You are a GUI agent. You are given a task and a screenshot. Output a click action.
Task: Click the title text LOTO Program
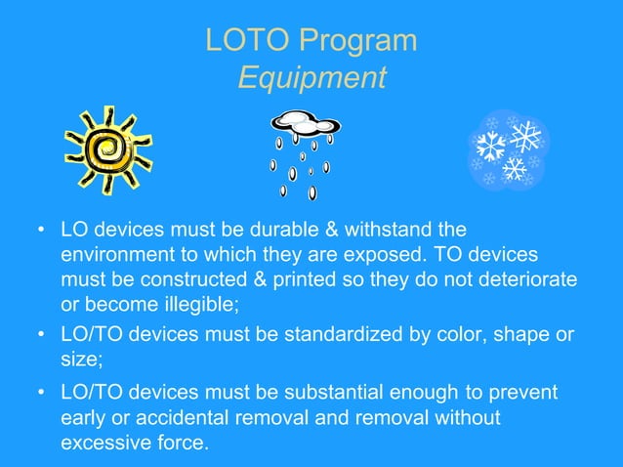[311, 41]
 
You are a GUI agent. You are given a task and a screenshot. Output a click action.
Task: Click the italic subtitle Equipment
[311, 78]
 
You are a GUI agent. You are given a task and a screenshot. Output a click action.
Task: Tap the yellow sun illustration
[107, 149]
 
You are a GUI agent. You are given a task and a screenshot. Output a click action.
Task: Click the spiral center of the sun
[107, 149]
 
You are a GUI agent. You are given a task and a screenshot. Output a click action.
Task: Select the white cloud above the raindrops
[306, 124]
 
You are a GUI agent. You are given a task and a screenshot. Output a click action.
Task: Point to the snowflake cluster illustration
[508, 149]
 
